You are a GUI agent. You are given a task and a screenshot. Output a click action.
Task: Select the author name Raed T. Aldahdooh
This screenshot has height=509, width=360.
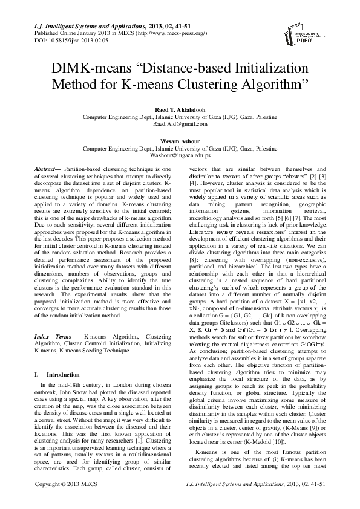(x=180, y=108)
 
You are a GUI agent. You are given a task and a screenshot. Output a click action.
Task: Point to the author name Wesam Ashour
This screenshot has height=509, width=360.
(x=180, y=140)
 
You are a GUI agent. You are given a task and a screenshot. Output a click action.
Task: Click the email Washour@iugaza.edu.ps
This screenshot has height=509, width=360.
(x=180, y=155)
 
